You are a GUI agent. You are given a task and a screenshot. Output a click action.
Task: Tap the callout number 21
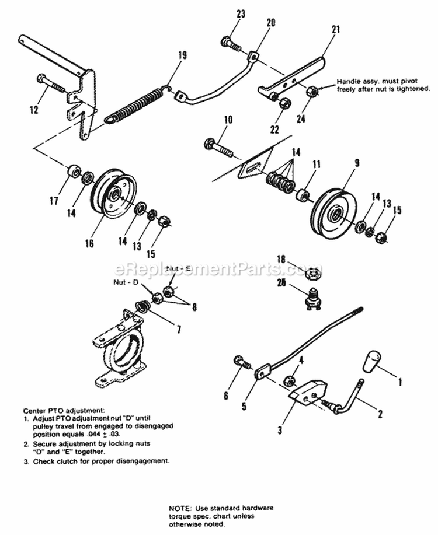coord(335,29)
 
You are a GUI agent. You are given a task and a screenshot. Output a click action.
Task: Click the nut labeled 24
coord(312,91)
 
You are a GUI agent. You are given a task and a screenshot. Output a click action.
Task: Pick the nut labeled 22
coord(283,103)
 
